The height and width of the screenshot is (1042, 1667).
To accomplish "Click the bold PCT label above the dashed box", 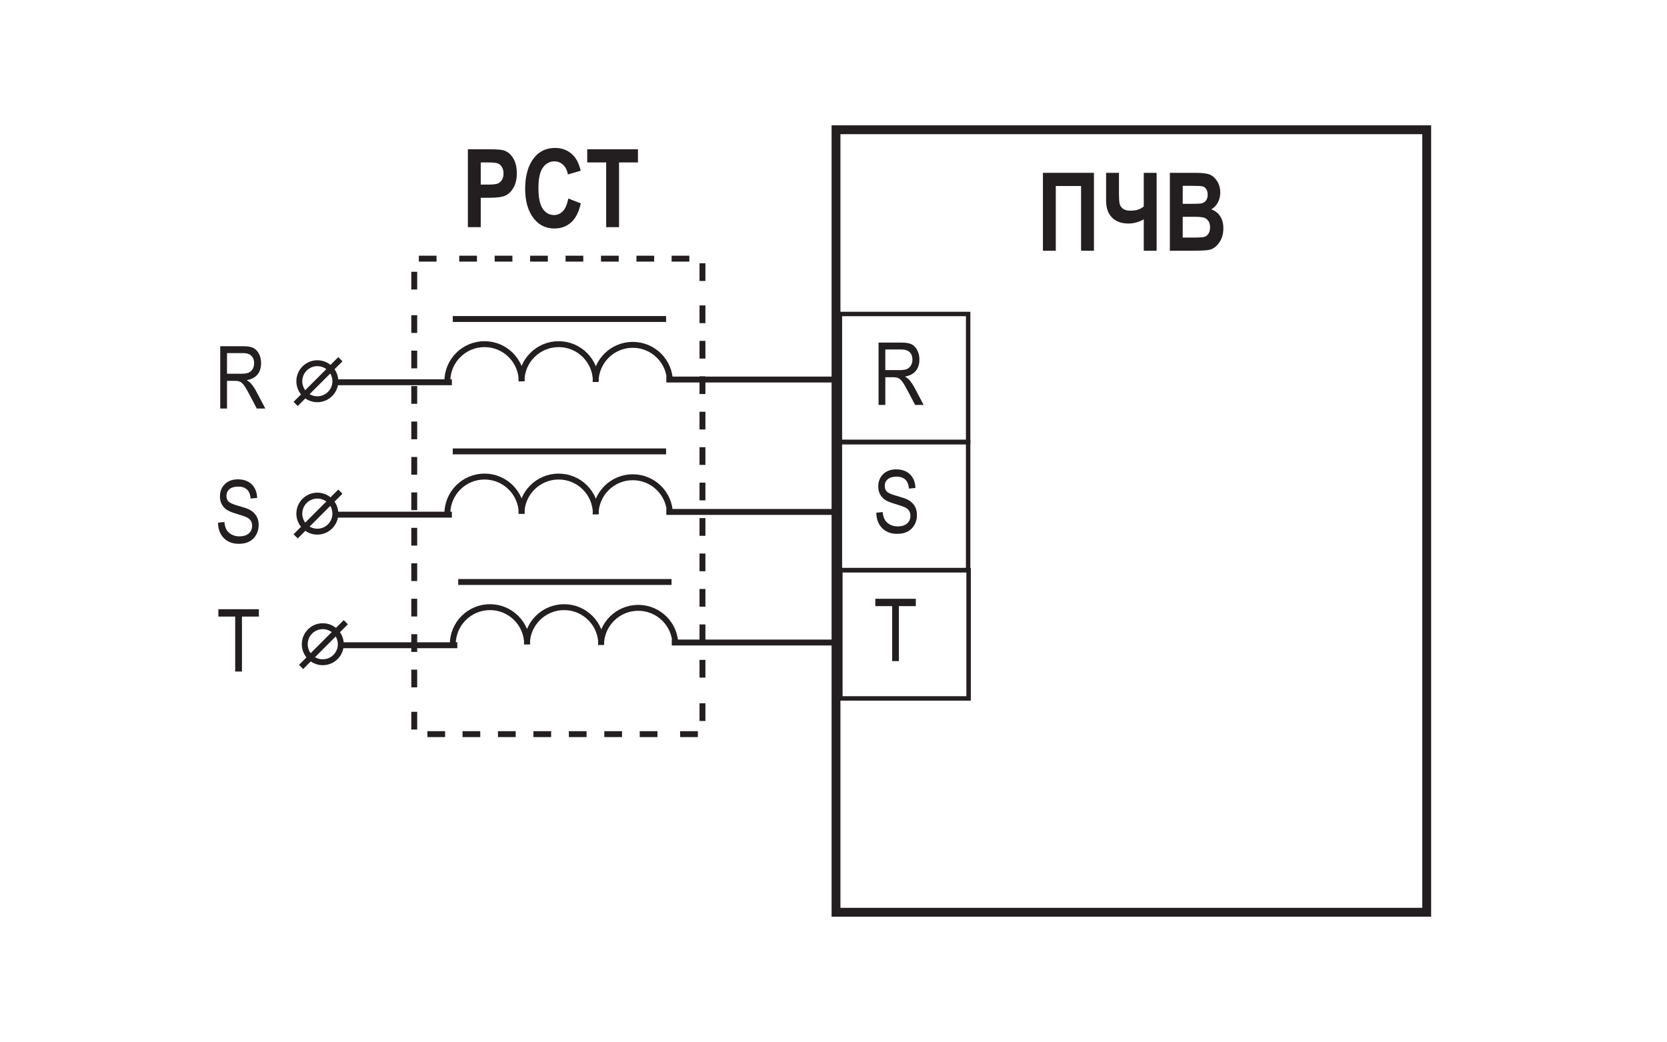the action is point(552,188).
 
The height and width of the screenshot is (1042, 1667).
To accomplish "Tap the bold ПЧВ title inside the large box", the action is point(1132,211).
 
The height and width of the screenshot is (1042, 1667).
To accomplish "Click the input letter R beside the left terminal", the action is point(242,377).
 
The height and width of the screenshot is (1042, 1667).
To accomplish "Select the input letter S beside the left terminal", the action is point(239,511).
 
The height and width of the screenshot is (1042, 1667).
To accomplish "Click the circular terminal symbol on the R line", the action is point(317,381).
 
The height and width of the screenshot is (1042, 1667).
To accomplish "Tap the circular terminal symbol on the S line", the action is point(317,514).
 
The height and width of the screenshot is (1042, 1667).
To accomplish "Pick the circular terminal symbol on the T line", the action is point(323,645).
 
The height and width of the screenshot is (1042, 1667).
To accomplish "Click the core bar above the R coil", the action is point(559,319).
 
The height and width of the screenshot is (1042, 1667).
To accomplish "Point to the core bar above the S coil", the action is point(559,451).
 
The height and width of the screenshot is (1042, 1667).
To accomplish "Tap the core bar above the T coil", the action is point(565,583).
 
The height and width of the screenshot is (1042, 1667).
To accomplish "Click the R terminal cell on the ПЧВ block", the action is point(904,377).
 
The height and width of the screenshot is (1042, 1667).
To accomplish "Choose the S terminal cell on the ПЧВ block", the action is point(904,506).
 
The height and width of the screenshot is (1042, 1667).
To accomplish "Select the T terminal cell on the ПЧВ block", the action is point(904,635).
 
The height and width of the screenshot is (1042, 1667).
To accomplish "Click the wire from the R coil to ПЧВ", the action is point(751,379).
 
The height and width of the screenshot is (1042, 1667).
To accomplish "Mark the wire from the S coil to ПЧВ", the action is point(751,511).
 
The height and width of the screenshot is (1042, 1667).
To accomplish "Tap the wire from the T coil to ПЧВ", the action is point(754,642).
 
